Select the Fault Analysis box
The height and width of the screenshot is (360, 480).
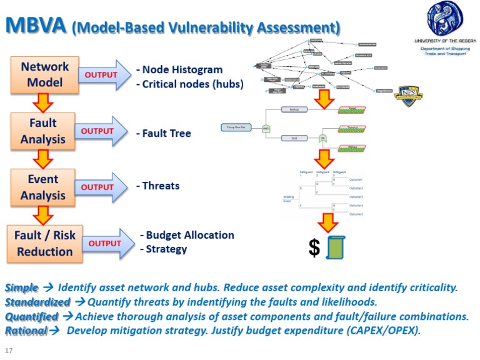[x=43, y=130]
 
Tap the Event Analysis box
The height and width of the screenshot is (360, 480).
[x=43, y=187]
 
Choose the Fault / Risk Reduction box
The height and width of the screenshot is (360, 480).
[x=44, y=243]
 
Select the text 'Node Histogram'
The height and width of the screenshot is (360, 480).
[x=179, y=69]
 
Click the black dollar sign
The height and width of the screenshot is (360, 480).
[x=314, y=247]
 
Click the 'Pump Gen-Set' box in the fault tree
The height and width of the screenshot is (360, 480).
[x=236, y=127]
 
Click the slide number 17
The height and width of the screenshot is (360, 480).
[x=8, y=349]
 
